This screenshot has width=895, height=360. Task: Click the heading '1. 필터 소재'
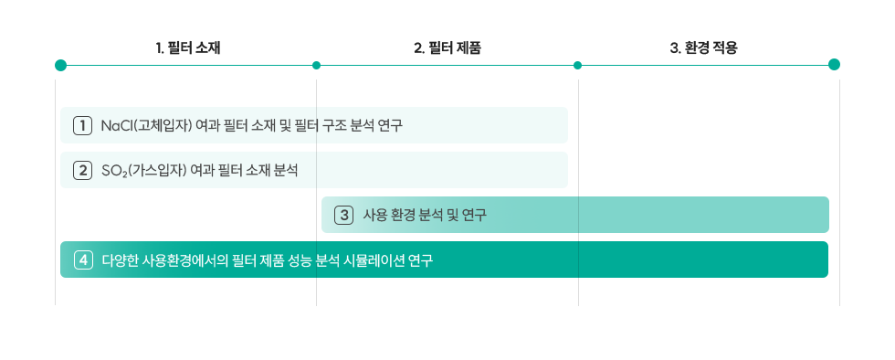tap(187, 48)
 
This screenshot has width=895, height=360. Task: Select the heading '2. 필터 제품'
tap(447, 48)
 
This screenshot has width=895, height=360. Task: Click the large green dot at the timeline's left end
tap(60, 65)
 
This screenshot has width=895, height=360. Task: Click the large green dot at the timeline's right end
tap(834, 65)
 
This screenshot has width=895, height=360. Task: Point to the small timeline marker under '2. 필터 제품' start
tap(317, 65)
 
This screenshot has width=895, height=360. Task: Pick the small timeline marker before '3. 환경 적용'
tap(577, 65)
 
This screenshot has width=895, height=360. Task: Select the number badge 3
tap(344, 216)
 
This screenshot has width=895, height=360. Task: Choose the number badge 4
tap(83, 260)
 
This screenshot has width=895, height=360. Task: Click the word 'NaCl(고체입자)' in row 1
tap(147, 125)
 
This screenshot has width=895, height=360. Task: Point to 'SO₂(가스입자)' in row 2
tap(145, 170)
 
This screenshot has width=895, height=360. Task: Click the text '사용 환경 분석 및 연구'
tap(425, 216)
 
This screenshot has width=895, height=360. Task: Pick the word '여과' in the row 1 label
tap(213, 125)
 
